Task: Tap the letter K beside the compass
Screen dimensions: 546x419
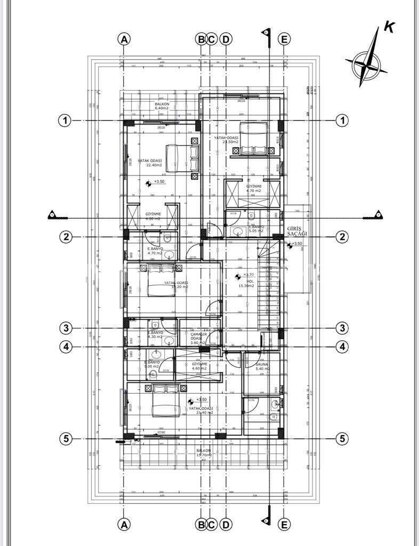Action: (x=389, y=28)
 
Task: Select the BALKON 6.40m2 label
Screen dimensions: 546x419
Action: (x=162, y=106)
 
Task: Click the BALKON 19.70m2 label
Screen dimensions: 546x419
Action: (x=204, y=453)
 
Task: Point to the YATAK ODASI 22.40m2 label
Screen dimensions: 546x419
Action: (x=150, y=163)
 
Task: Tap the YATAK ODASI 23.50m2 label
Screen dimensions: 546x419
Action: (x=227, y=140)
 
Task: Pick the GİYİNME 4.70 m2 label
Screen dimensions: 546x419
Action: (x=254, y=188)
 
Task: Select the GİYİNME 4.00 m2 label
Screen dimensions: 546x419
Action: (x=153, y=216)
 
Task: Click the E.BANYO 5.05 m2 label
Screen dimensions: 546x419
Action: (x=259, y=229)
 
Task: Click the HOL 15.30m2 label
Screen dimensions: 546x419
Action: (x=246, y=283)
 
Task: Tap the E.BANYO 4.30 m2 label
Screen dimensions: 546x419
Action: (x=156, y=335)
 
